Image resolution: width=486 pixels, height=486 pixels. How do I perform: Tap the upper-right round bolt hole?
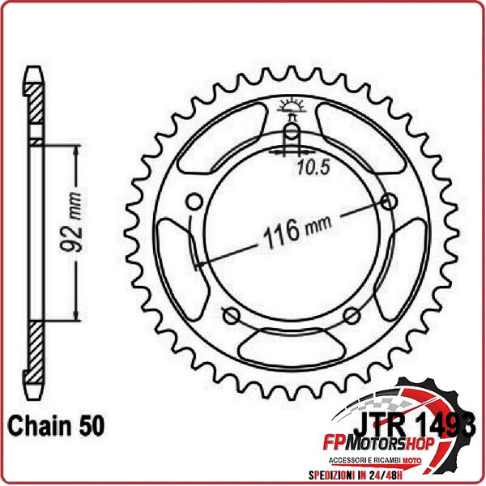392,202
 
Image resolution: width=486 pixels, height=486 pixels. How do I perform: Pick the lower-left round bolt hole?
230,315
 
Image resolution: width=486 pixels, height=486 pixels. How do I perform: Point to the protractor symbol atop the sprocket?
292,105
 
